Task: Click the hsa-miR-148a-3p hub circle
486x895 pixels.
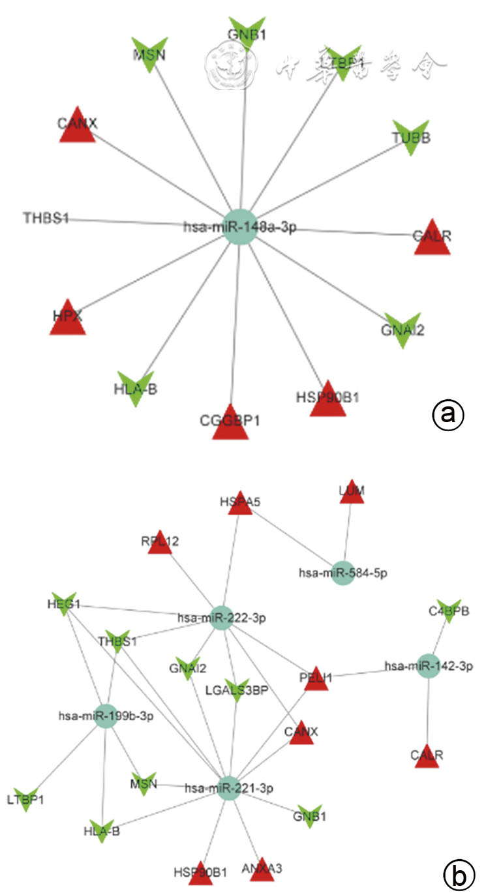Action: point(240,227)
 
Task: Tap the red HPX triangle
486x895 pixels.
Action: point(68,318)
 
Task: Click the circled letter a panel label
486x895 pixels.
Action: point(448,414)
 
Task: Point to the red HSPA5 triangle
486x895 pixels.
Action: point(240,503)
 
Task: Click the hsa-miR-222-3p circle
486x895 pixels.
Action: point(222,616)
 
